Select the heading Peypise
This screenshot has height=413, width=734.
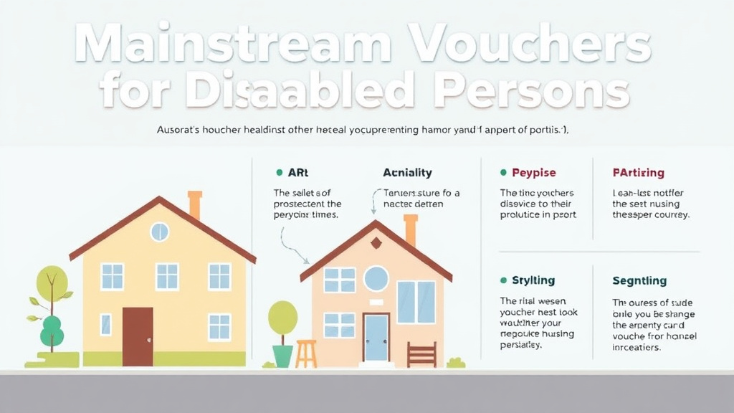pyautogui.click(x=533, y=173)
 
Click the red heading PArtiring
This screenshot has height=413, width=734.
pyautogui.click(x=638, y=173)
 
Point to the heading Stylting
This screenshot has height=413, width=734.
pyautogui.click(x=533, y=280)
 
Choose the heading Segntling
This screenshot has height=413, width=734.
pyautogui.click(x=639, y=280)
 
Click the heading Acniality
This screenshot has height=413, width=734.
pyautogui.click(x=407, y=173)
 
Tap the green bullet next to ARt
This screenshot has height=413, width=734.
pyautogui.click(x=279, y=173)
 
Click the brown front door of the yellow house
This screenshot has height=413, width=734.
pyautogui.click(x=138, y=336)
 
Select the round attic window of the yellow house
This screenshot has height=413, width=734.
pyautogui.click(x=159, y=232)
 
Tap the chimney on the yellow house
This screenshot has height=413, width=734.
pyautogui.click(x=194, y=204)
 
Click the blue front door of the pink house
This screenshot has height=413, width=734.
pyautogui.click(x=376, y=337)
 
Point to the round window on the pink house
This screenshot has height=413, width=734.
pyautogui.click(x=376, y=278)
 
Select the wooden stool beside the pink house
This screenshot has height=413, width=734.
pyautogui.click(x=306, y=353)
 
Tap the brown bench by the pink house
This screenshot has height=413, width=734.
pyautogui.click(x=421, y=354)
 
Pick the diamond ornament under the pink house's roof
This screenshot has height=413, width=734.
pyautogui.click(x=376, y=243)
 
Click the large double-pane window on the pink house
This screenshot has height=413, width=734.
pyautogui.click(x=416, y=302)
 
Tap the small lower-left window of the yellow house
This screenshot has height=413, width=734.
pyautogui.click(x=105, y=324)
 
